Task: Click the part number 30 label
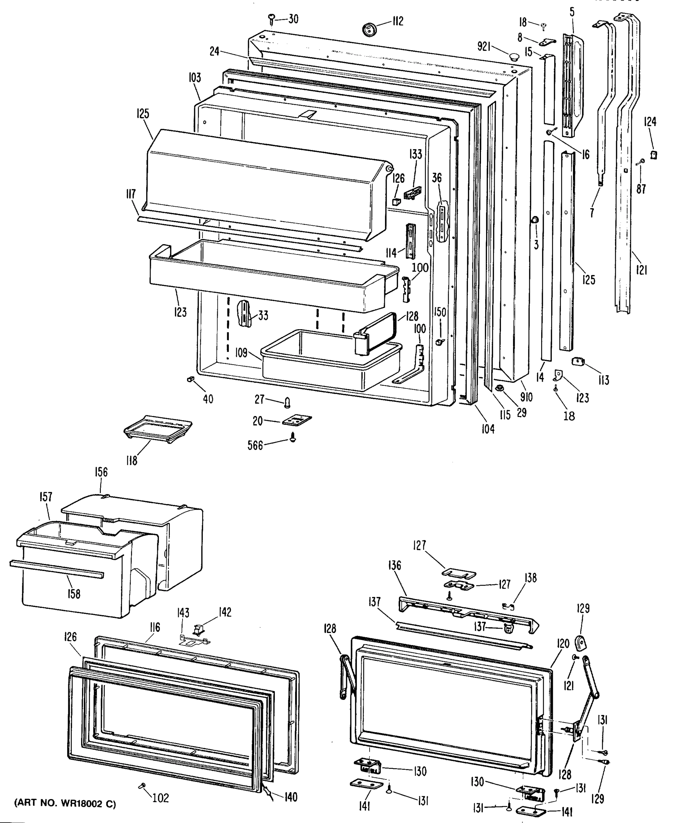[293, 19]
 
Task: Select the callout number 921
[483, 47]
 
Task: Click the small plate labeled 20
[297, 421]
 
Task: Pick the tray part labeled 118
[158, 429]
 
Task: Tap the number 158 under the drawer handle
[73, 594]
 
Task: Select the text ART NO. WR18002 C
[65, 803]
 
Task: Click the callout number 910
[526, 397]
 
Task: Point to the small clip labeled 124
[653, 155]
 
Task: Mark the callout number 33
[263, 315]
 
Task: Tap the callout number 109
[241, 353]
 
